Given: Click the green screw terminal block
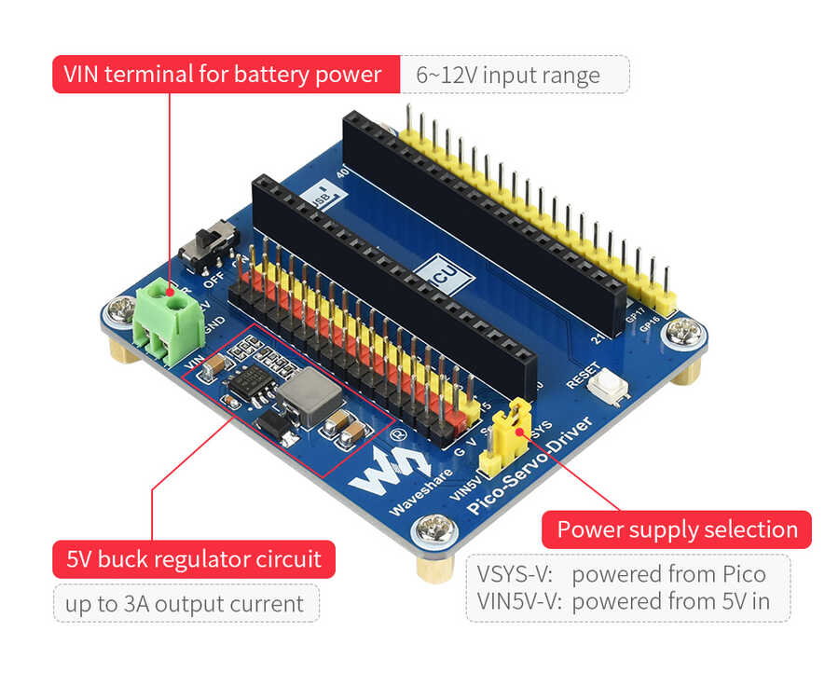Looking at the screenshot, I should pos(168,322).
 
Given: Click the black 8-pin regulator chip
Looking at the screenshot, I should pos(249,381).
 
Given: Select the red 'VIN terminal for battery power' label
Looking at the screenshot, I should pos(222,74).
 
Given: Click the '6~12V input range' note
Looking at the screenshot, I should pos(514,75).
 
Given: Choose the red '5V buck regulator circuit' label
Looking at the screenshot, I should pos(193,559).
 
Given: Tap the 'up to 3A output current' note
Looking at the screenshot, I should pos(186,604).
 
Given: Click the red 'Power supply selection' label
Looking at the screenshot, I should pos(677,529).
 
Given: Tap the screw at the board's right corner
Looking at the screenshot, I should pos(683,329).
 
